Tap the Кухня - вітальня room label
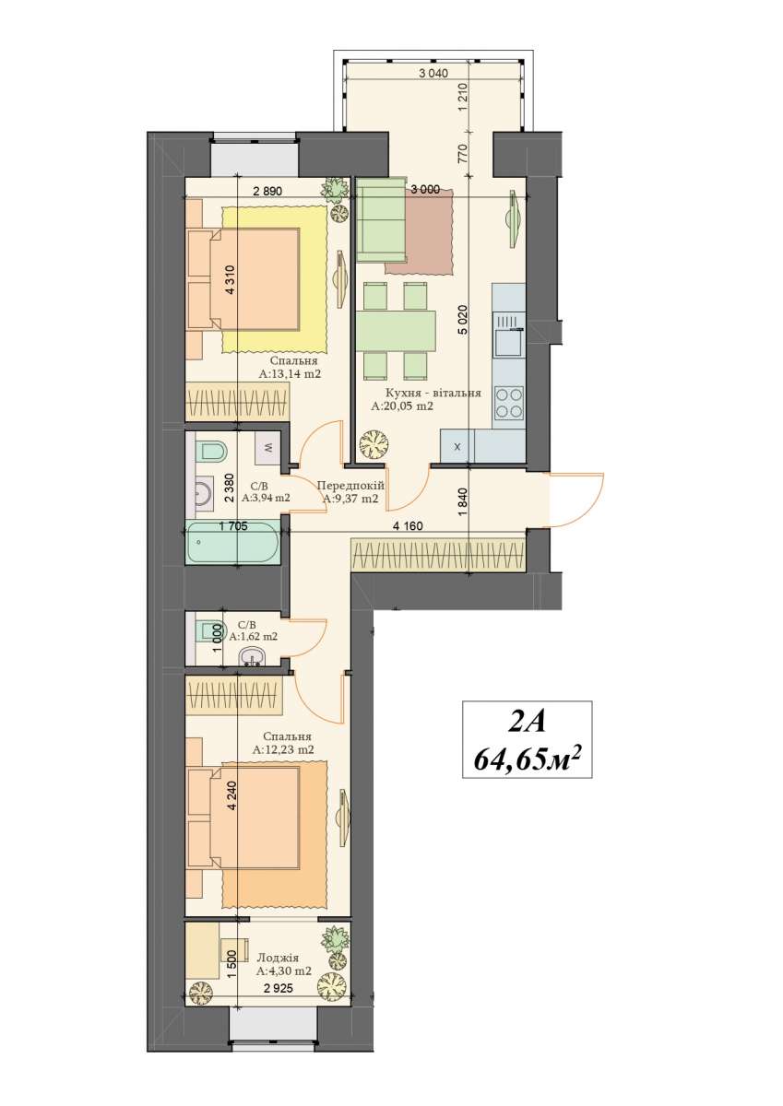(433, 394)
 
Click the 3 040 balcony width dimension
(433, 74)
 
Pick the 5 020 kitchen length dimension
(463, 321)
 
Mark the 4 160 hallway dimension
(408, 526)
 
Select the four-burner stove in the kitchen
(509, 402)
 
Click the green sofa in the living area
(382, 219)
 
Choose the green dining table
(396, 328)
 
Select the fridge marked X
(457, 446)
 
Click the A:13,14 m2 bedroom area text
(290, 374)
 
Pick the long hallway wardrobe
(438, 556)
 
